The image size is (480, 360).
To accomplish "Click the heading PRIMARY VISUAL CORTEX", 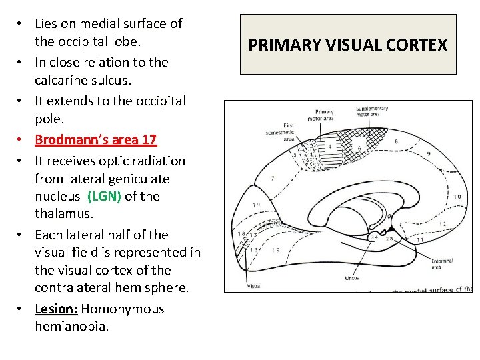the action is pos(347,45).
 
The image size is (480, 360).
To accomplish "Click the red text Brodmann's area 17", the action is pos(95,139).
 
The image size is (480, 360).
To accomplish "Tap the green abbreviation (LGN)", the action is pos(103,197).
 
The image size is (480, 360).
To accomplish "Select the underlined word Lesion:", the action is pos(56,309).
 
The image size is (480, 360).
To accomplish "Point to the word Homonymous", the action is pos(123,309).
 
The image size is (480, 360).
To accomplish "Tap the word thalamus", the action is pos(64,214).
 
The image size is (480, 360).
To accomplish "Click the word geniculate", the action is pos(136,179).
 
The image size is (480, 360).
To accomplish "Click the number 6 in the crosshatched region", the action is pos(359,149).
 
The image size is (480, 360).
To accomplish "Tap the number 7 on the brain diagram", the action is pos(272,179).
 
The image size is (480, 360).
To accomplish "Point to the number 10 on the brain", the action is pos(457,197).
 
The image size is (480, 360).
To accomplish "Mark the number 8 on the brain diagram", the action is pos(395,141).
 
